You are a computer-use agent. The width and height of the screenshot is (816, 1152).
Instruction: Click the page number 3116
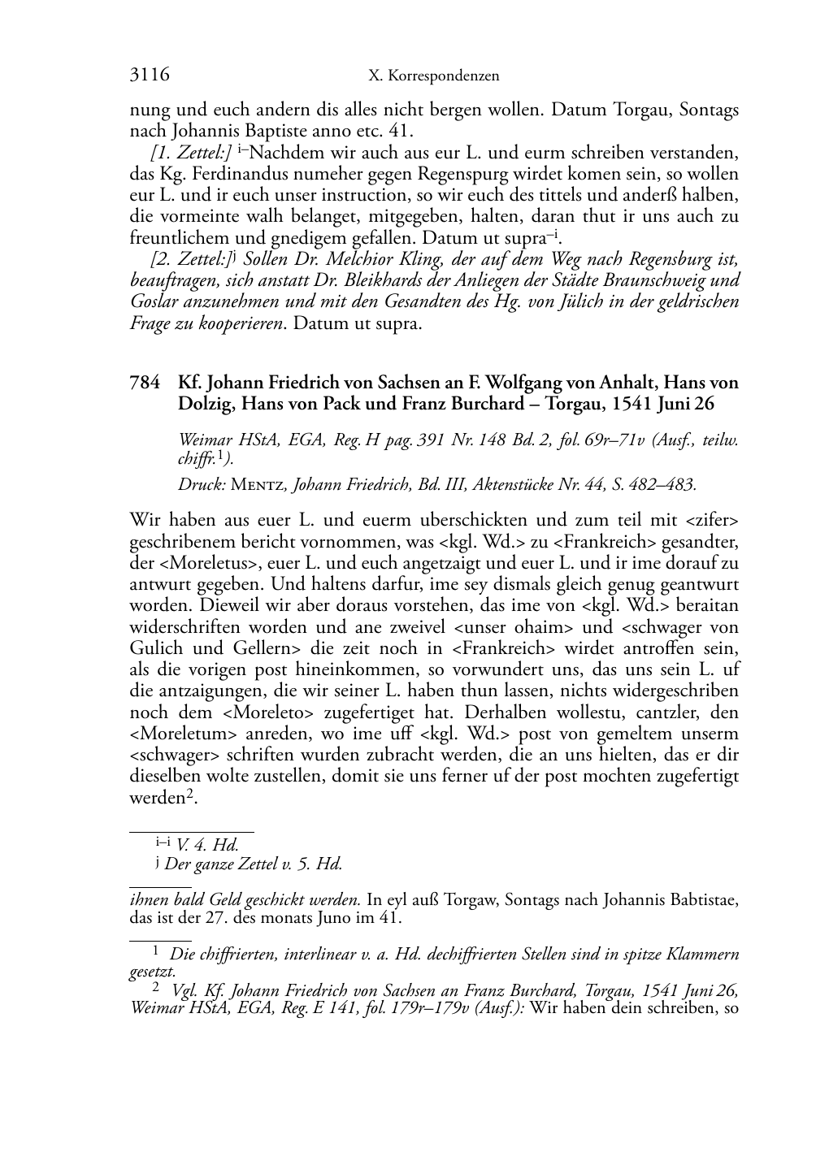point(150,76)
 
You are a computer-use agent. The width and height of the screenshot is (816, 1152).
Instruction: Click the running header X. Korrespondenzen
point(433,76)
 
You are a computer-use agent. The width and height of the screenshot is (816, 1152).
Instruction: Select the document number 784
point(144,382)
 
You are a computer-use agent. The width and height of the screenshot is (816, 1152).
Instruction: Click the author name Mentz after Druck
point(258,485)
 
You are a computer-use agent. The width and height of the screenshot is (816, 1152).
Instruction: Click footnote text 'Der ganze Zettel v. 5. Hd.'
point(253,864)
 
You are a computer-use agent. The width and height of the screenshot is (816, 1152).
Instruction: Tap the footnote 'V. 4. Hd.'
point(206,845)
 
